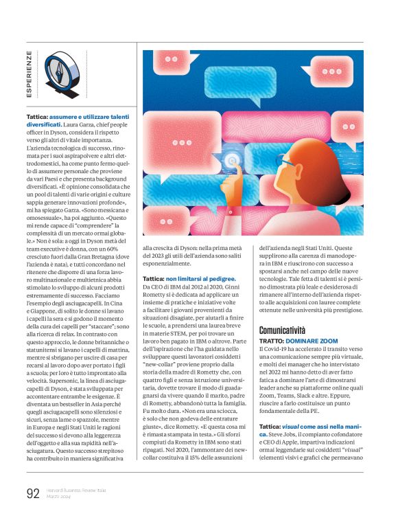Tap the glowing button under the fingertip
tap(234, 161)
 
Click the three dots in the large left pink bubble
tap(182, 143)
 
